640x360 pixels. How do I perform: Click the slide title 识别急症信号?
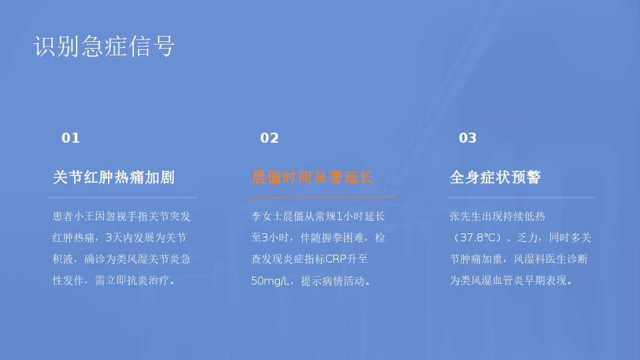[x=104, y=46]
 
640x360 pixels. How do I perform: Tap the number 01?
[x=71, y=138]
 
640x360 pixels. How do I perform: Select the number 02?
[x=269, y=138]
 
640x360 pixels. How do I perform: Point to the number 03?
[x=468, y=138]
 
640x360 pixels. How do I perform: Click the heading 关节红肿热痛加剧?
[x=114, y=177]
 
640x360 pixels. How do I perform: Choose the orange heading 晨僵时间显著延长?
[x=312, y=177]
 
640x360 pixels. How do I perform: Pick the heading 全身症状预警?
[x=495, y=177]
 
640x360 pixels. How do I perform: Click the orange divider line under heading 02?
[x=321, y=197]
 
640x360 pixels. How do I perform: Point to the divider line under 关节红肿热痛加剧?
[x=123, y=197]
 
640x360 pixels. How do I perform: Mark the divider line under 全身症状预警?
[x=520, y=197]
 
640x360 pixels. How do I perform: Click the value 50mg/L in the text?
[x=270, y=281]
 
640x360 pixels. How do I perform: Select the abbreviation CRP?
[x=336, y=259]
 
